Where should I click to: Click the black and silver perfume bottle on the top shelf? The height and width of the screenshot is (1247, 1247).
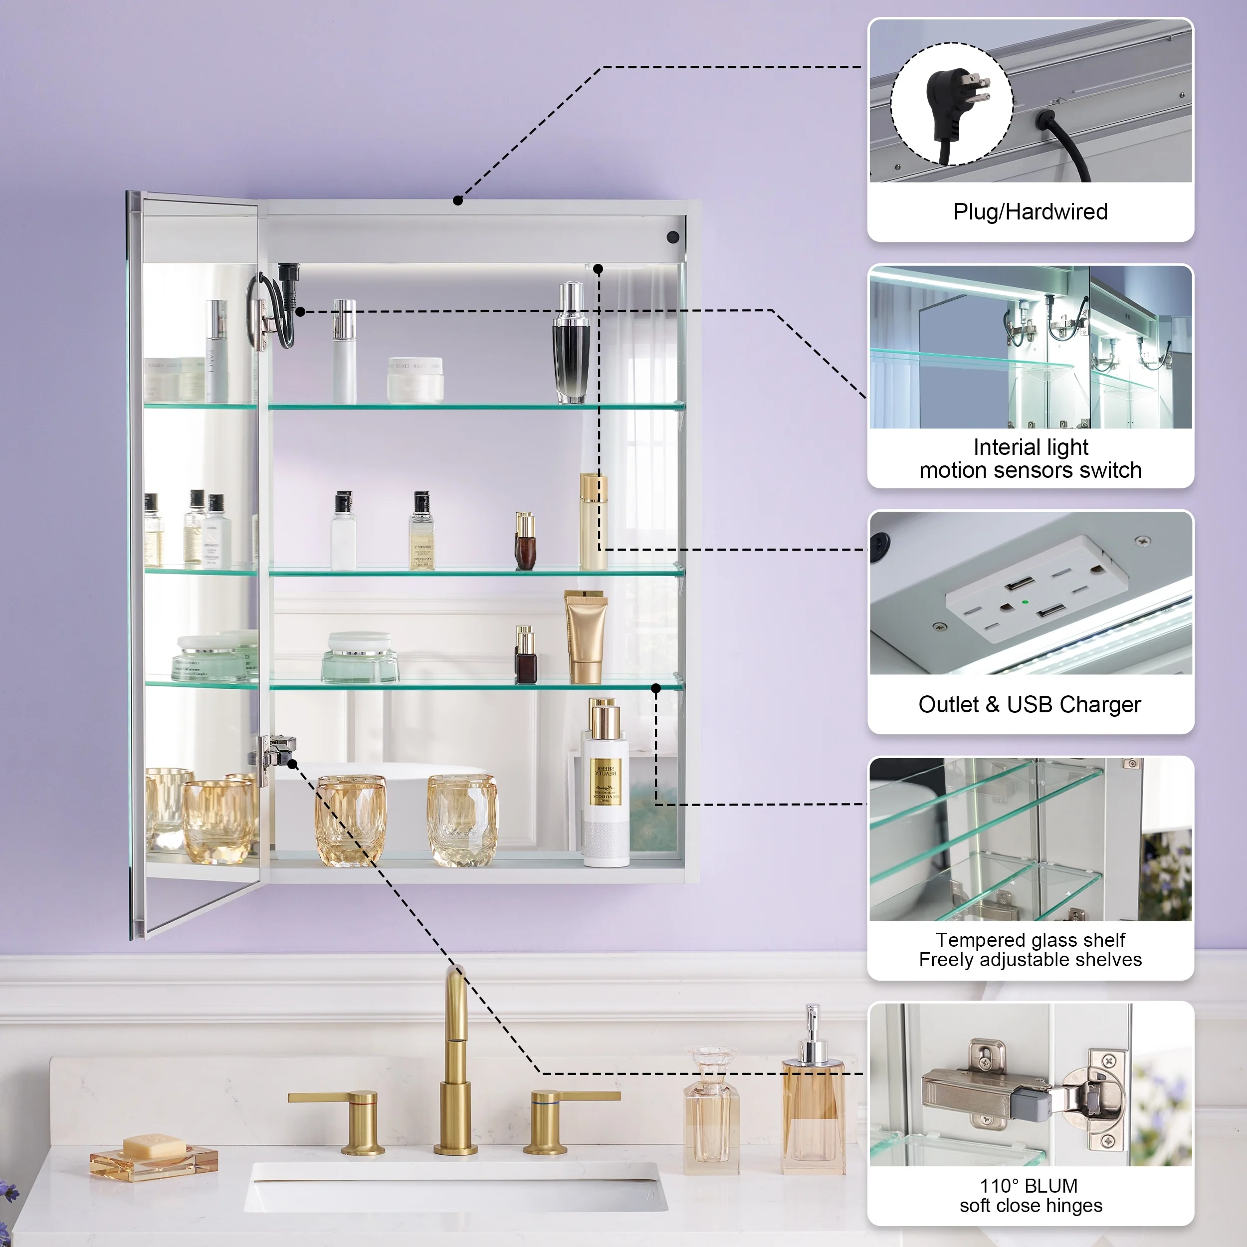tap(571, 345)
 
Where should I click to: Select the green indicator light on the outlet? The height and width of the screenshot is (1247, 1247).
tap(1025, 602)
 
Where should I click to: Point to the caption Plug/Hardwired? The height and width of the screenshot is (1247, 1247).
tap(1030, 211)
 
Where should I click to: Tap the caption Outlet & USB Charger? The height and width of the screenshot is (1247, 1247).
tap(1030, 704)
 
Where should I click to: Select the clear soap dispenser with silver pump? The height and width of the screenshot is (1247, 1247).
tap(813, 1091)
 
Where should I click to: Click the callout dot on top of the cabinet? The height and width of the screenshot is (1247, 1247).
tap(457, 201)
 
